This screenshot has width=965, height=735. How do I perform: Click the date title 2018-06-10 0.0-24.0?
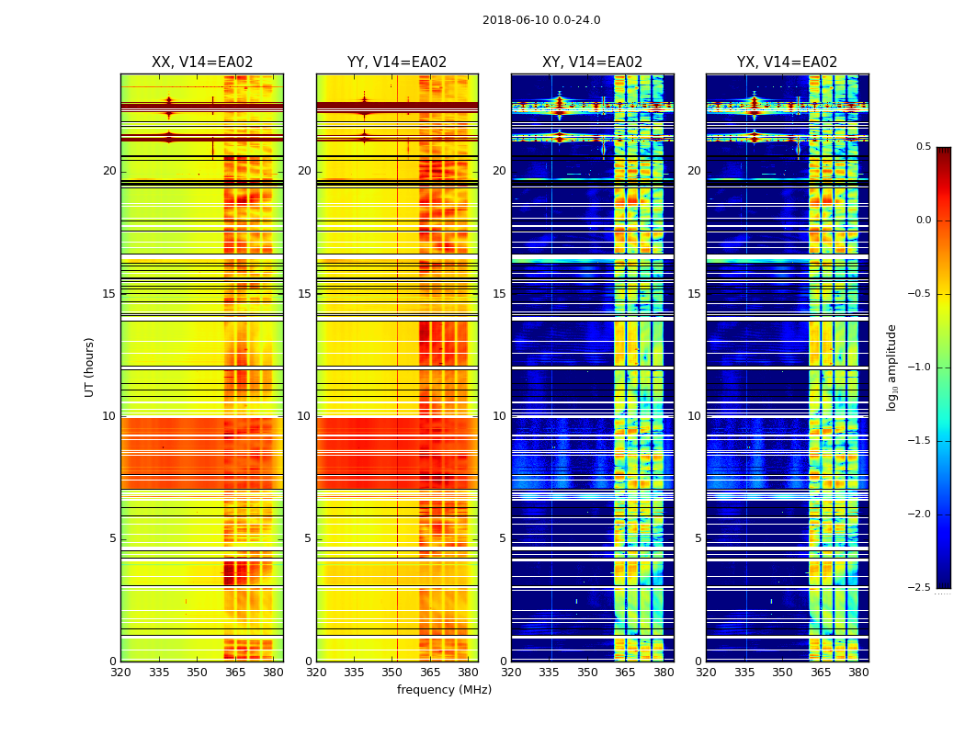point(541,20)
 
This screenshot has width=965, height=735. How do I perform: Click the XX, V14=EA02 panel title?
point(202,62)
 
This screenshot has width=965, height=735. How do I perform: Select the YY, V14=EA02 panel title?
point(397,62)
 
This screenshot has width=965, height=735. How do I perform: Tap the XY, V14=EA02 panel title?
point(592,62)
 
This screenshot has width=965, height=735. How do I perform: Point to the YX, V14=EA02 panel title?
point(787,62)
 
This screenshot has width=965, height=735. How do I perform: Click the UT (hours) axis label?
point(89,367)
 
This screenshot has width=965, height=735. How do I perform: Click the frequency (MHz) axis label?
point(444,690)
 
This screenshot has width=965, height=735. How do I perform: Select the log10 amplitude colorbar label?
point(891,367)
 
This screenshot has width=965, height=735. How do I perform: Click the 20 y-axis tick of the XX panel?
point(110,171)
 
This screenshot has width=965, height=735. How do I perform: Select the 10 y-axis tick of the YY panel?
point(305,416)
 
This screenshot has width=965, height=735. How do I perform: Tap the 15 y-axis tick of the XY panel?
point(500,294)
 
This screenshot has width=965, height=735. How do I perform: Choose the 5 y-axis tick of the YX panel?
point(698,538)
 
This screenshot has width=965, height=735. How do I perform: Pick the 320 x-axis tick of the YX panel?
point(707,673)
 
